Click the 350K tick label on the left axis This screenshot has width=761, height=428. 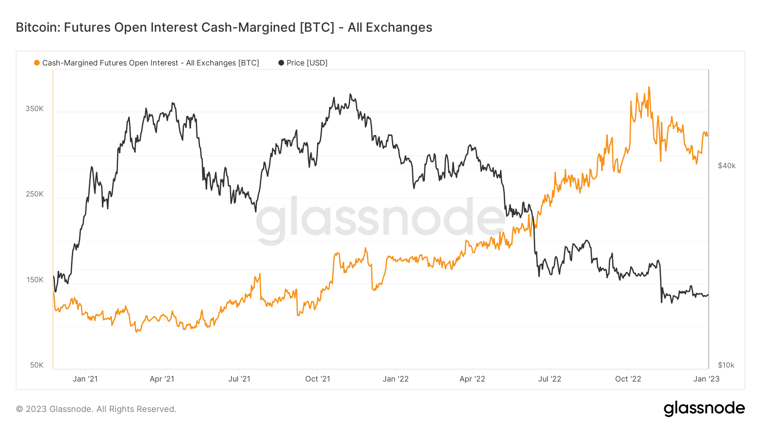[35, 109]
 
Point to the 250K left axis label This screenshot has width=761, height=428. [35, 194]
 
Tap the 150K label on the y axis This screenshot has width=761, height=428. [35, 280]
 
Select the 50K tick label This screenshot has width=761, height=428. [37, 365]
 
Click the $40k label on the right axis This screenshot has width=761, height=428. [726, 166]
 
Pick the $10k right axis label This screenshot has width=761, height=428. [726, 365]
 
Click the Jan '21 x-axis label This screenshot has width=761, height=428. [85, 379]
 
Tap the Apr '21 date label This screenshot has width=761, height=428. [162, 379]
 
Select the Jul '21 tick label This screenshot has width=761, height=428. [239, 379]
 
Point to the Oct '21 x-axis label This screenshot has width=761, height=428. [318, 379]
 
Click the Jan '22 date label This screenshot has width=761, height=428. [395, 379]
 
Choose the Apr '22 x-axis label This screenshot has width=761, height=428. [472, 379]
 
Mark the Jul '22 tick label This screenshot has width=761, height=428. [550, 379]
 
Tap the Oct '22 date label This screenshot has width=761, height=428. [628, 379]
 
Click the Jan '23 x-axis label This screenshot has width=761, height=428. [706, 379]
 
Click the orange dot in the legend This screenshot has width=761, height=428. [37, 63]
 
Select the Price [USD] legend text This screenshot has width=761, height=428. [307, 63]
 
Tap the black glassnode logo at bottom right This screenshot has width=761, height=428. [704, 409]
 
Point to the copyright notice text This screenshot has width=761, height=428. [96, 409]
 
